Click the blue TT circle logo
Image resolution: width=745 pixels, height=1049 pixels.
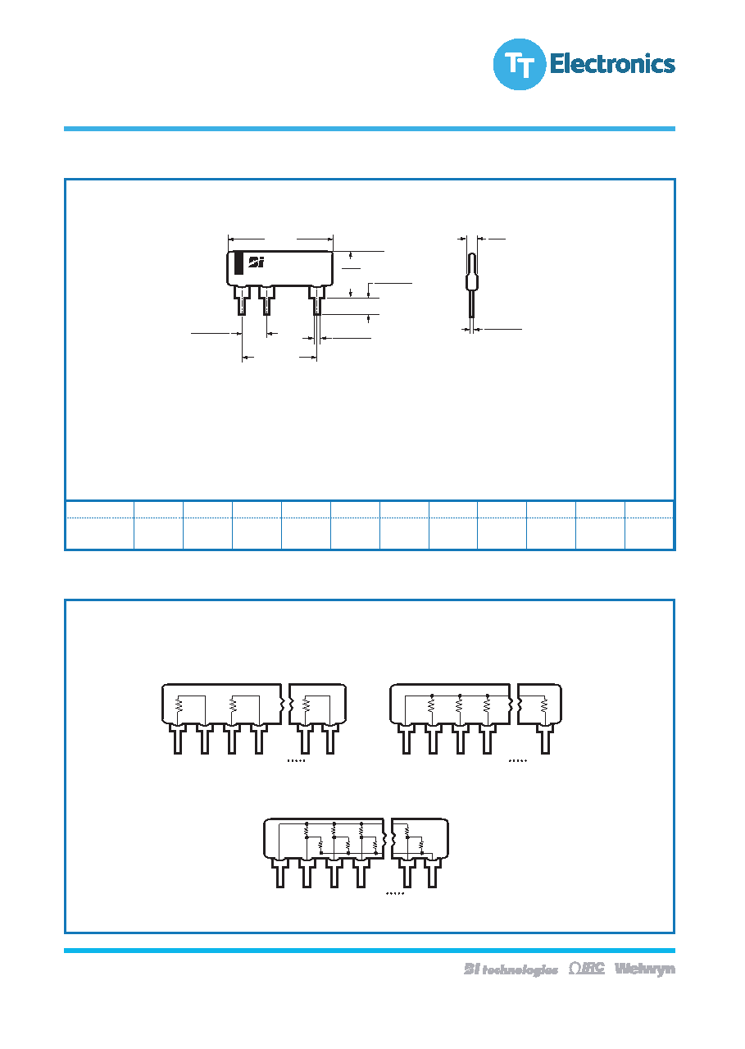520,64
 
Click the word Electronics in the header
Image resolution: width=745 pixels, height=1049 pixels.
612,64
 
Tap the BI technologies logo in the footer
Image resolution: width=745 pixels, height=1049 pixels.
511,969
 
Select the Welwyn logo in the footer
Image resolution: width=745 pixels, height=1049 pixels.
645,969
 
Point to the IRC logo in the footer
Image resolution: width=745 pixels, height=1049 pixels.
586,968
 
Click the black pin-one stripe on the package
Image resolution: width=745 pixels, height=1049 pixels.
239,263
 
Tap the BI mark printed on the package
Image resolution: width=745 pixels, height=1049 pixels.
257,262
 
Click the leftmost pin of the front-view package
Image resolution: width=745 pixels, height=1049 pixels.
242,300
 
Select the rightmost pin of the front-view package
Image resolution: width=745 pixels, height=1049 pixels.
317,300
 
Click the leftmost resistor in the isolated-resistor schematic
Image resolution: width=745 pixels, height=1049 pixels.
178,705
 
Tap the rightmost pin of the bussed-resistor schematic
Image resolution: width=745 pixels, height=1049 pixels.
545,739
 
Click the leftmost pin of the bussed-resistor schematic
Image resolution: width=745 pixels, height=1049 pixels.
406,739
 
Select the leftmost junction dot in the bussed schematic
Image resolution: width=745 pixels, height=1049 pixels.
432,696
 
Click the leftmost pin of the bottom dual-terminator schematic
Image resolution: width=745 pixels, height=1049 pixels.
279,873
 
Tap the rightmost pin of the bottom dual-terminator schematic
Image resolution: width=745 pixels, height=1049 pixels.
432,873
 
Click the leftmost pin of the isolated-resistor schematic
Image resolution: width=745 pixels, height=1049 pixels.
178,739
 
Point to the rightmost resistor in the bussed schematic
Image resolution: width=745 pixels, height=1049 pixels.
543,705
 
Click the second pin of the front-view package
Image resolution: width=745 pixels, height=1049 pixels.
266,300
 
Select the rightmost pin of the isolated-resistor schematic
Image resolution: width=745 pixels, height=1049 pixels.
330,739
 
